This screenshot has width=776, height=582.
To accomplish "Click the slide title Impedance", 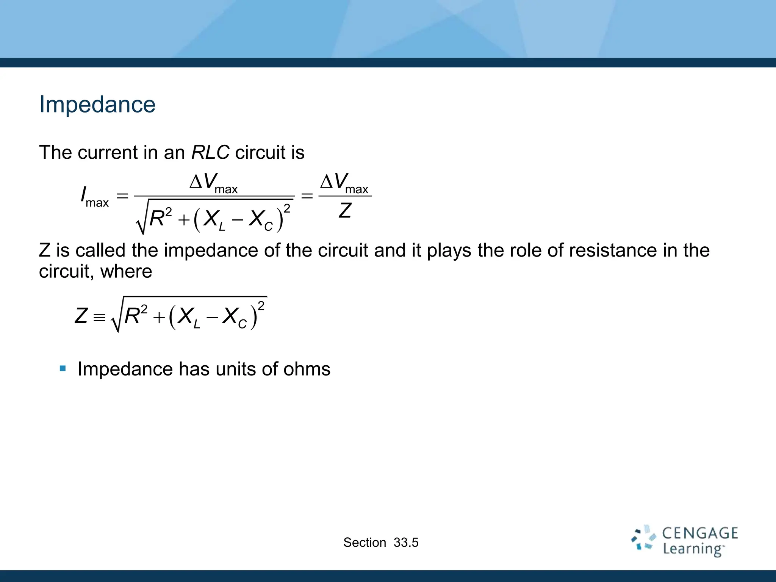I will [x=97, y=105].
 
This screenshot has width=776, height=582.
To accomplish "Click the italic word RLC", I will [x=210, y=152].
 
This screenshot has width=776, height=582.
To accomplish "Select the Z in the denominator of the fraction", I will [x=345, y=211].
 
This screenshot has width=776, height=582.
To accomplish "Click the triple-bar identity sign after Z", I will [x=99, y=317].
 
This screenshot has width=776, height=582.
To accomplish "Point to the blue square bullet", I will [x=63, y=368].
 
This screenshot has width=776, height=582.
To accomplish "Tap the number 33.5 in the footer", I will [x=406, y=543].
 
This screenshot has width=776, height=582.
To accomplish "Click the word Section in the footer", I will [x=365, y=543].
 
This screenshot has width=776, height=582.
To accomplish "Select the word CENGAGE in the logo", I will [x=700, y=533].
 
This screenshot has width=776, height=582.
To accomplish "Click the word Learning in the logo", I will [x=693, y=549].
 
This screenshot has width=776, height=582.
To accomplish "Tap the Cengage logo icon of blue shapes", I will [x=643, y=538].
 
